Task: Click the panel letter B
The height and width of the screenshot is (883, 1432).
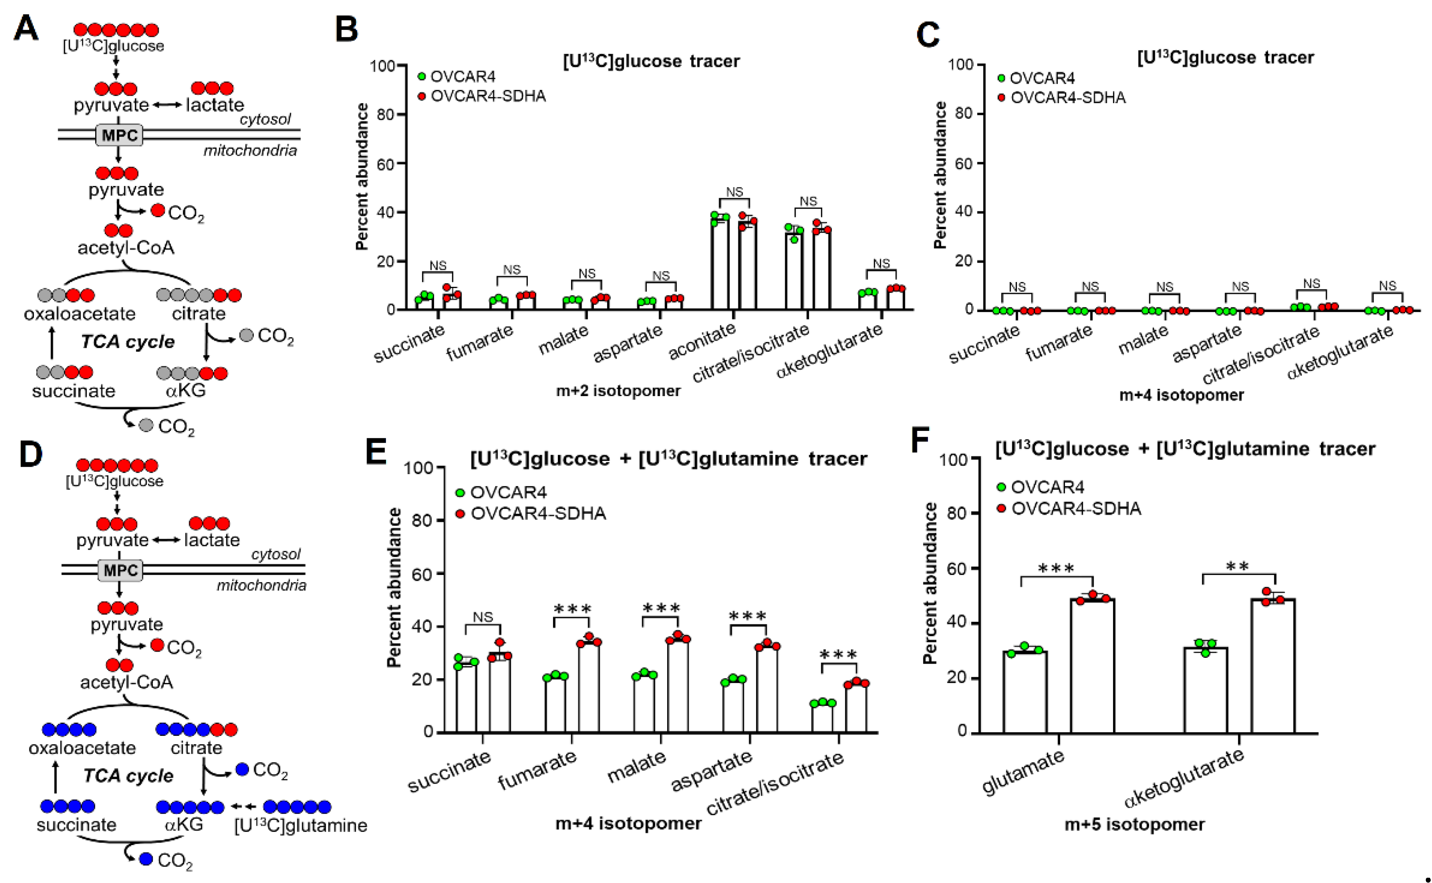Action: (346, 29)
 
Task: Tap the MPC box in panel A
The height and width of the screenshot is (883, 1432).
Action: (119, 135)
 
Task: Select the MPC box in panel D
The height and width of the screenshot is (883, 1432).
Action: (120, 571)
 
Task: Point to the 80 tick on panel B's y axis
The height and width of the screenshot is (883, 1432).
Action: (386, 115)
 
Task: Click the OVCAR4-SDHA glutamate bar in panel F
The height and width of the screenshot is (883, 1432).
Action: (1092, 666)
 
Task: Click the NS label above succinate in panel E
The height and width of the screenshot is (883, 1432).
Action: (482, 617)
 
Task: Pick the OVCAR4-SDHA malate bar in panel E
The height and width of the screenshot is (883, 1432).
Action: (678, 686)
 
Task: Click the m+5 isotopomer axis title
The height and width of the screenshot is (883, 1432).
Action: (1134, 824)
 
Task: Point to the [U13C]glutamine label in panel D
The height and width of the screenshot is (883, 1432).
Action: (301, 826)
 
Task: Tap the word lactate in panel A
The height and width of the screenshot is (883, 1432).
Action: (215, 105)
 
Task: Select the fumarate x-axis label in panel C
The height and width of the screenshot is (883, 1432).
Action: (1058, 343)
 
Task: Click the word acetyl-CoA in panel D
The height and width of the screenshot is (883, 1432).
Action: (127, 682)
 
